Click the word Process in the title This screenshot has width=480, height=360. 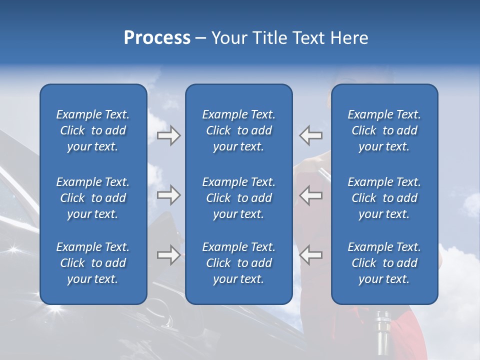pyautogui.click(x=157, y=38)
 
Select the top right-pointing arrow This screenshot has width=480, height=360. pyautogui.click(x=168, y=135)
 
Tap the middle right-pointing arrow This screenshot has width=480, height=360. pyautogui.click(x=168, y=195)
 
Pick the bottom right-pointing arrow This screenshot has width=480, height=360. pyautogui.click(x=168, y=255)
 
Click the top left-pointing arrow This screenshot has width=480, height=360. pyautogui.click(x=310, y=135)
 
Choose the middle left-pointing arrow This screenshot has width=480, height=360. pyautogui.click(x=310, y=195)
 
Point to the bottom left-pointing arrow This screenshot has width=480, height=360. pyautogui.click(x=310, y=255)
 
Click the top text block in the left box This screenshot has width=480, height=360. pyautogui.click(x=93, y=130)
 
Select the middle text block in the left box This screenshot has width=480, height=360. pyautogui.click(x=93, y=198)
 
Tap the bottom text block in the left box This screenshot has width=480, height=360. pyautogui.click(x=93, y=263)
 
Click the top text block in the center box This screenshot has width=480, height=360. pyautogui.click(x=238, y=130)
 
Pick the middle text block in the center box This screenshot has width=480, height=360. pyautogui.click(x=238, y=198)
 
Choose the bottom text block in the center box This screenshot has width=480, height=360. pyautogui.click(x=238, y=263)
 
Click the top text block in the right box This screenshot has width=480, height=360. pyautogui.click(x=384, y=130)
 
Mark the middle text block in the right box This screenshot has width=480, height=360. pyautogui.click(x=384, y=198)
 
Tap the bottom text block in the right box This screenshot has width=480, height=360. pyautogui.click(x=384, y=263)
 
